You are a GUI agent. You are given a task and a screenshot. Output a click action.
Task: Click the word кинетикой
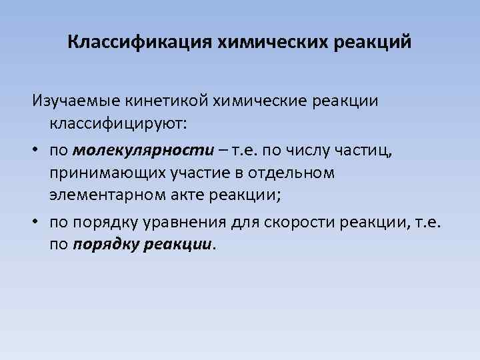174,101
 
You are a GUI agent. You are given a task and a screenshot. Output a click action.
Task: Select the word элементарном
104,197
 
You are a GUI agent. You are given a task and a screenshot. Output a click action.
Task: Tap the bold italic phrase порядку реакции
142,245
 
